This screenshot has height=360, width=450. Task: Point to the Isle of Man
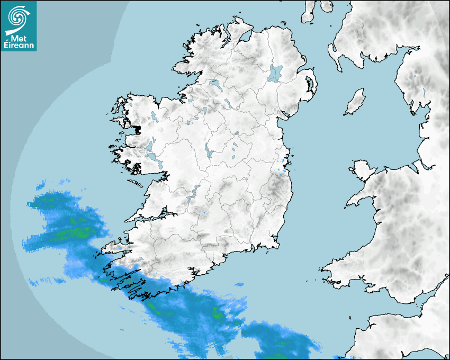point(355,102)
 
